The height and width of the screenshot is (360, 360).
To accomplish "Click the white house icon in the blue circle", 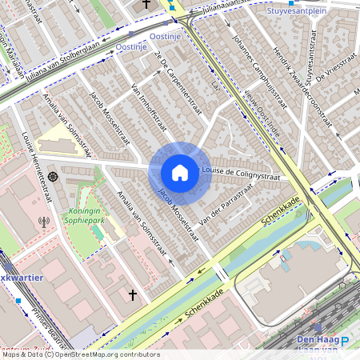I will (x=180, y=173).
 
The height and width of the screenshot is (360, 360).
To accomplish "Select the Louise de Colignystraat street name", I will (x=241, y=174).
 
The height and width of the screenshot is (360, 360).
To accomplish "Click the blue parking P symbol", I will (x=346, y=341).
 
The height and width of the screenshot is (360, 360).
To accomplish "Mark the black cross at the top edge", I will (x=145, y=5).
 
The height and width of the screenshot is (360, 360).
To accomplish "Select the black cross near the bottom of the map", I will (x=133, y=295).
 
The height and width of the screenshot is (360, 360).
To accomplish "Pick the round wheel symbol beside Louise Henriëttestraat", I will (x=53, y=176).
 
